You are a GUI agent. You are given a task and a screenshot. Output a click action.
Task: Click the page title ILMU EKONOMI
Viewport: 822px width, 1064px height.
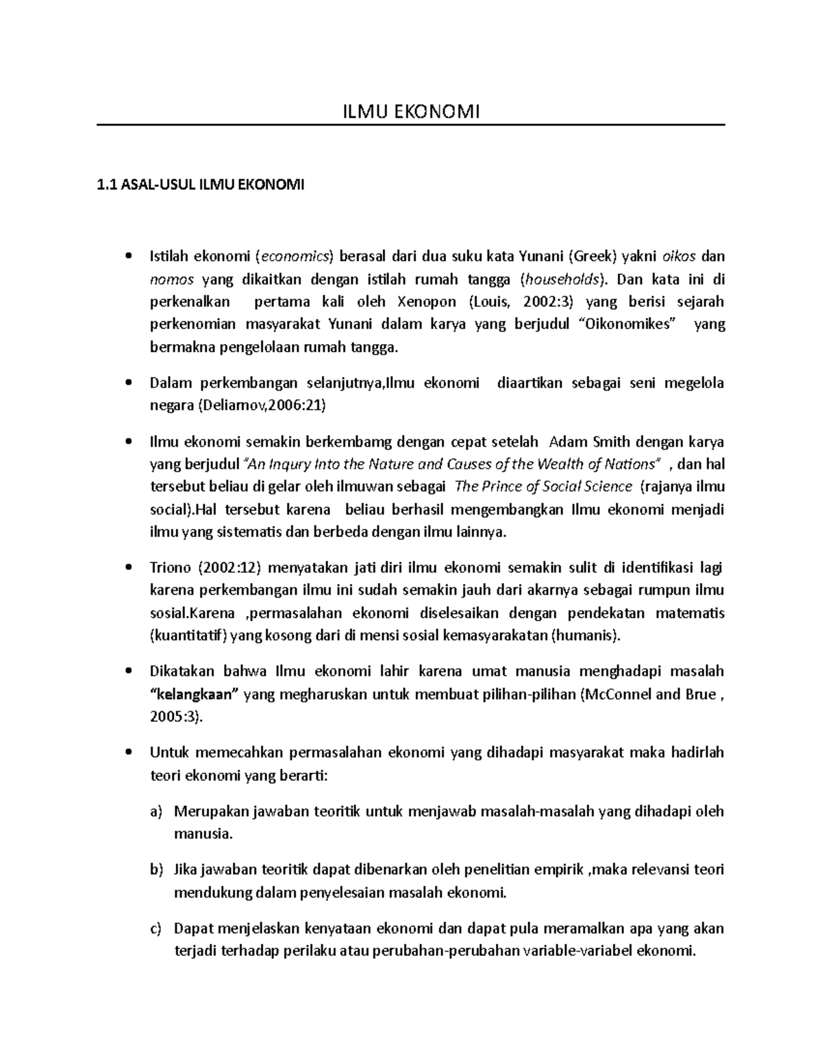pyautogui.click(x=410, y=111)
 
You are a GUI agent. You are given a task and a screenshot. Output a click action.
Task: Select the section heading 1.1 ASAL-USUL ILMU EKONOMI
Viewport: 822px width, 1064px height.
pyautogui.click(x=201, y=184)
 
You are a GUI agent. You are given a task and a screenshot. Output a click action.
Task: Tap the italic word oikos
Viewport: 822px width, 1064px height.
pyautogui.click(x=679, y=257)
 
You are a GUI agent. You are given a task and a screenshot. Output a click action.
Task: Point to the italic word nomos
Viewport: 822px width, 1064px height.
pyautogui.click(x=172, y=280)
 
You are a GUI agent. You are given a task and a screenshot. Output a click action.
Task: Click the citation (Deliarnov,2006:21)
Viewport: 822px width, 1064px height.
pyautogui.click(x=262, y=406)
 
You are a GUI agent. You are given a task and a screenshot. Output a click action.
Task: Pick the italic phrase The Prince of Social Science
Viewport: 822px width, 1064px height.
pyautogui.click(x=543, y=486)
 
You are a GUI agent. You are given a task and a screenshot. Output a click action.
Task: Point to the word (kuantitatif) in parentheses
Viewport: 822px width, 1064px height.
pyautogui.click(x=188, y=635)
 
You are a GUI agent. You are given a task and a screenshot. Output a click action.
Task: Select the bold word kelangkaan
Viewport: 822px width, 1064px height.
pyautogui.click(x=194, y=694)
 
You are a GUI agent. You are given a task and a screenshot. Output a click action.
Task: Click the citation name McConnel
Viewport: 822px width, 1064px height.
pyautogui.click(x=619, y=694)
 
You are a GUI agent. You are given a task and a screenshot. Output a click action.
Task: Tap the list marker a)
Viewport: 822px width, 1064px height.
pyautogui.click(x=156, y=812)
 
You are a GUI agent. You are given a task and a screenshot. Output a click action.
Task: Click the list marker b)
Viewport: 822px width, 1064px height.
pyautogui.click(x=156, y=870)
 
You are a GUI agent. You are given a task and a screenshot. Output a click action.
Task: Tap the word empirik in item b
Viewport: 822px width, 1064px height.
pyautogui.click(x=558, y=870)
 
